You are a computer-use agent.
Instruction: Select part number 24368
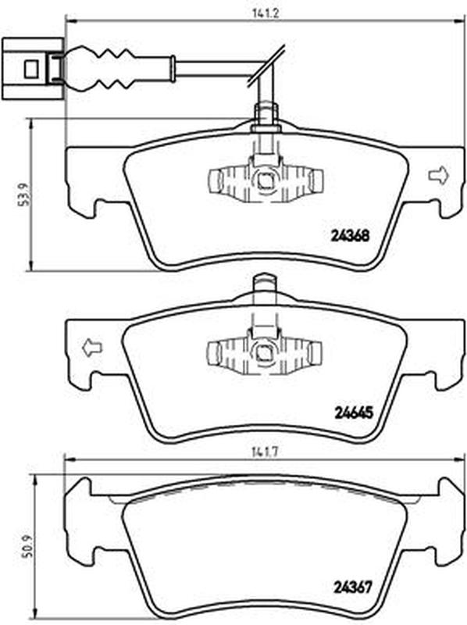click(x=350, y=236)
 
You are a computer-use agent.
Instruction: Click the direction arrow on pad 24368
click(x=438, y=176)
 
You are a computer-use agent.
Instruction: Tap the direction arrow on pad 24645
click(x=92, y=348)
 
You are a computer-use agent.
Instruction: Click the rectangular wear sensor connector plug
click(x=32, y=70)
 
